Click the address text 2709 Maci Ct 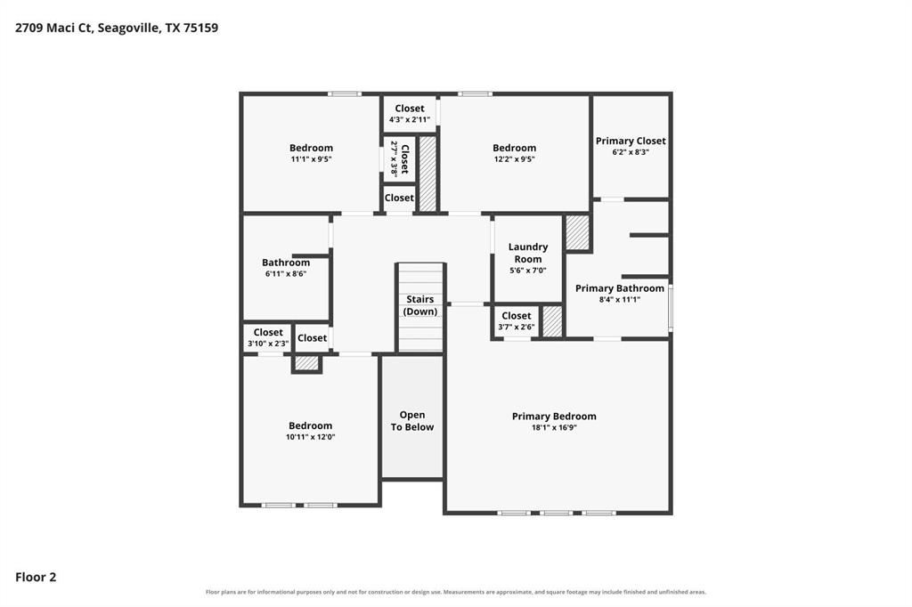[53, 28]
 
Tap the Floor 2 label [36, 577]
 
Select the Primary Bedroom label [554, 417]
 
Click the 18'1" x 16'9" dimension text [554, 428]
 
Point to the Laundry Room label [528, 253]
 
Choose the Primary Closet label [631, 141]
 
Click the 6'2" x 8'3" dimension [631, 152]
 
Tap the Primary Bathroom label [620, 288]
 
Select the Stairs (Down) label [420, 305]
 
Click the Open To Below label [412, 421]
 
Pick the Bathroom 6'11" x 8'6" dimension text [286, 274]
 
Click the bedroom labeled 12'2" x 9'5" [514, 153]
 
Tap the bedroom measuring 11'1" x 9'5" [311, 153]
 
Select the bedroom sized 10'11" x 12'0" [310, 431]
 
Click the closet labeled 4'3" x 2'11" [410, 113]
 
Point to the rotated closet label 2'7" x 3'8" [400, 158]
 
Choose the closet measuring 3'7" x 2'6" [516, 321]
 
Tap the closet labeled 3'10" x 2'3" [268, 338]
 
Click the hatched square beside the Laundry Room [577, 233]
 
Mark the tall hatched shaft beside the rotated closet [427, 174]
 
